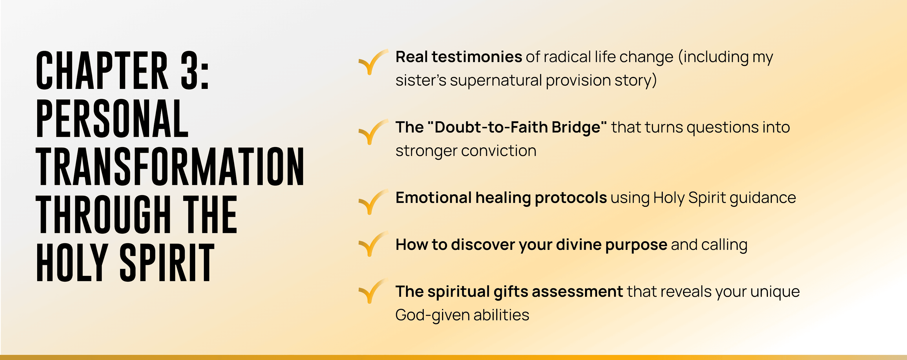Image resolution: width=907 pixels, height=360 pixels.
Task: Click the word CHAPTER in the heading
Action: point(102,70)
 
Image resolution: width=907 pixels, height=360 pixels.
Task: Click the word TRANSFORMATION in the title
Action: point(170,166)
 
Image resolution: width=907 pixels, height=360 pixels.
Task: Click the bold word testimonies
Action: point(477,57)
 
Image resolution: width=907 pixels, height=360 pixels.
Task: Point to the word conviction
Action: point(499,151)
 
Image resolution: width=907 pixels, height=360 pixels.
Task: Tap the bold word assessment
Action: point(577,292)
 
